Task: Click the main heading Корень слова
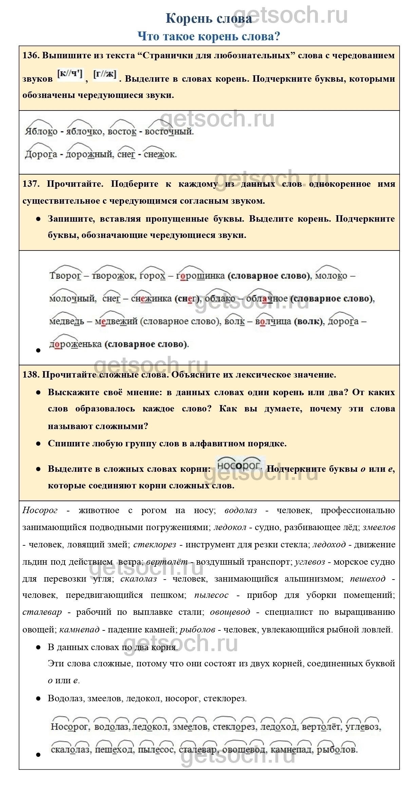[x=208, y=19]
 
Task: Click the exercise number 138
[x=31, y=375]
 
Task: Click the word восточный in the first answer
[x=169, y=132]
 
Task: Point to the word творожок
[x=113, y=276]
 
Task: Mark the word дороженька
[x=75, y=344]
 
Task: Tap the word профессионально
[x=358, y=510]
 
